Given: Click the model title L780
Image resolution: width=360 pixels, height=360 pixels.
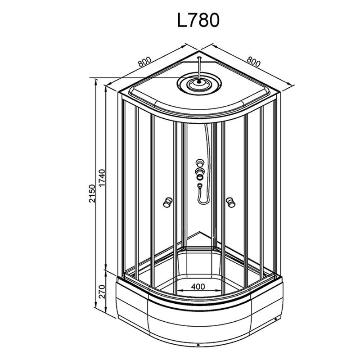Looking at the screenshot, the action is tap(198, 20).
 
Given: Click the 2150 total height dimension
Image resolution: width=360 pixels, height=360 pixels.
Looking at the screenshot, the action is tap(92, 193).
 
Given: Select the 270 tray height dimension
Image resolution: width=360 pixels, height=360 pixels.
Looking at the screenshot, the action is tap(102, 292).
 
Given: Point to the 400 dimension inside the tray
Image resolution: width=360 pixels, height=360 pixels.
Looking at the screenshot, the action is tap(198, 287).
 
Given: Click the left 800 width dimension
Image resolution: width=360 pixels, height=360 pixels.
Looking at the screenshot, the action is tap(144, 61).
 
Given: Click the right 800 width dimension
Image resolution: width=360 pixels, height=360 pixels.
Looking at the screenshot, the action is tap(254, 61).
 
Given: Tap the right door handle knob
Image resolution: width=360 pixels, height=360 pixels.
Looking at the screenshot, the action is tap(230, 202).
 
